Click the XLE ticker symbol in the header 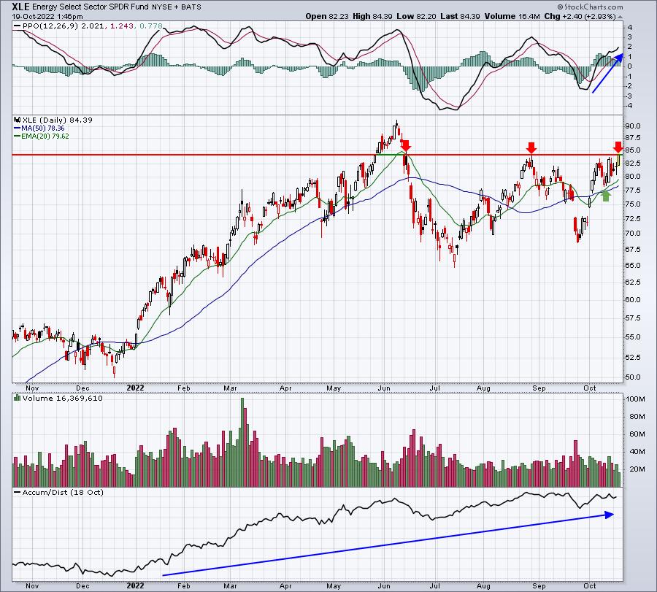pos(20,7)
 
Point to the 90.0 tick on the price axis pos(632,126)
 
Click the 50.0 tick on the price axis pos(632,377)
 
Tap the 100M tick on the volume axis pos(635,399)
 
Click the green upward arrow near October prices pos(605,196)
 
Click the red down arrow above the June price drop pos(406,146)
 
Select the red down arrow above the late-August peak pos(531,147)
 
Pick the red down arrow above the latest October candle pos(618,147)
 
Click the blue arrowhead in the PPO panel pos(620,58)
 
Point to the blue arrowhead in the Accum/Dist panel pos(610,515)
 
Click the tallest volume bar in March pos(242,442)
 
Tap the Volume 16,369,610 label pos(63,399)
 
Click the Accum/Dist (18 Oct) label pos(63,492)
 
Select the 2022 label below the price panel pos(135,388)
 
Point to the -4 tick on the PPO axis pos(629,106)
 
